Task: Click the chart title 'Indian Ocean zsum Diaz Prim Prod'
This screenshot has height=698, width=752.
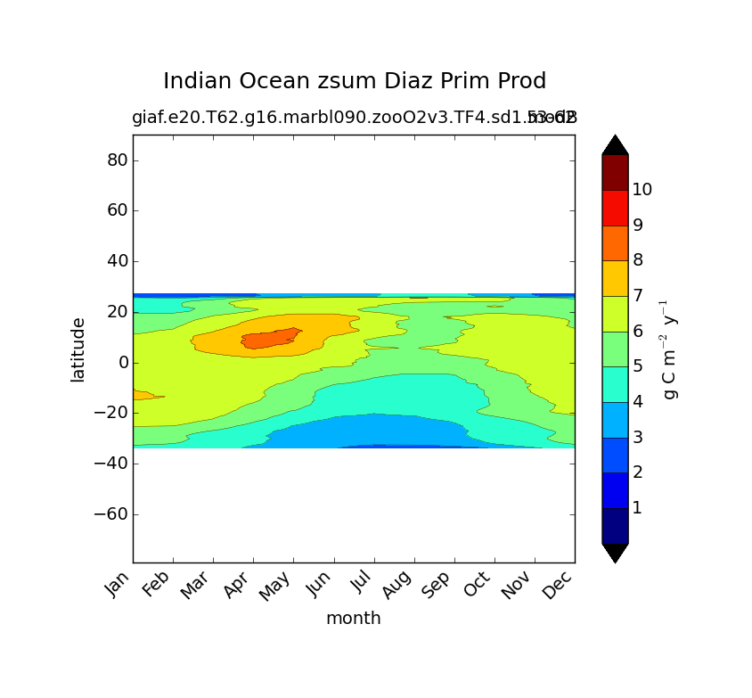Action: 354,81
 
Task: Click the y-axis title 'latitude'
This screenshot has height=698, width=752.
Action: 78,349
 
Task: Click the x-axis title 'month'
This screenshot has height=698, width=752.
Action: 353,618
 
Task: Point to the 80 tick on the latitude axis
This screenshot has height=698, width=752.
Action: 118,160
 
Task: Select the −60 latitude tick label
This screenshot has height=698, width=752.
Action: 110,514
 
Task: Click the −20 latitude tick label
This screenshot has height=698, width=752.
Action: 110,414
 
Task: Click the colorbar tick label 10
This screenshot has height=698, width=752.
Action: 642,189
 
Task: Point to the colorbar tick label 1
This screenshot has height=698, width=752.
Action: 637,508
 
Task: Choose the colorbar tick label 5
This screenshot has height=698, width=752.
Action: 637,366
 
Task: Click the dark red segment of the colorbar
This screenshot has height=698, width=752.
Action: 615,172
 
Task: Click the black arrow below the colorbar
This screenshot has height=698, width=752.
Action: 615,552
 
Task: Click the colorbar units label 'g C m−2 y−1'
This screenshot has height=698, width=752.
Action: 670,349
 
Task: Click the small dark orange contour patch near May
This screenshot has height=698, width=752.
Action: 267,339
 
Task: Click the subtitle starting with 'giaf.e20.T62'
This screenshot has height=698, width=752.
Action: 354,118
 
